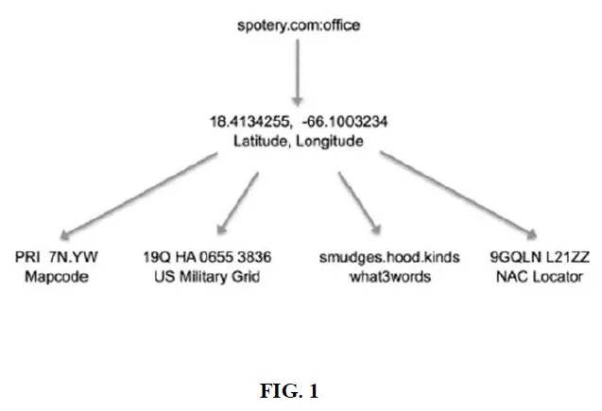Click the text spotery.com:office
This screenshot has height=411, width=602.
(299, 22)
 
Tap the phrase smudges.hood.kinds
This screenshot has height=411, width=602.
(379, 257)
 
